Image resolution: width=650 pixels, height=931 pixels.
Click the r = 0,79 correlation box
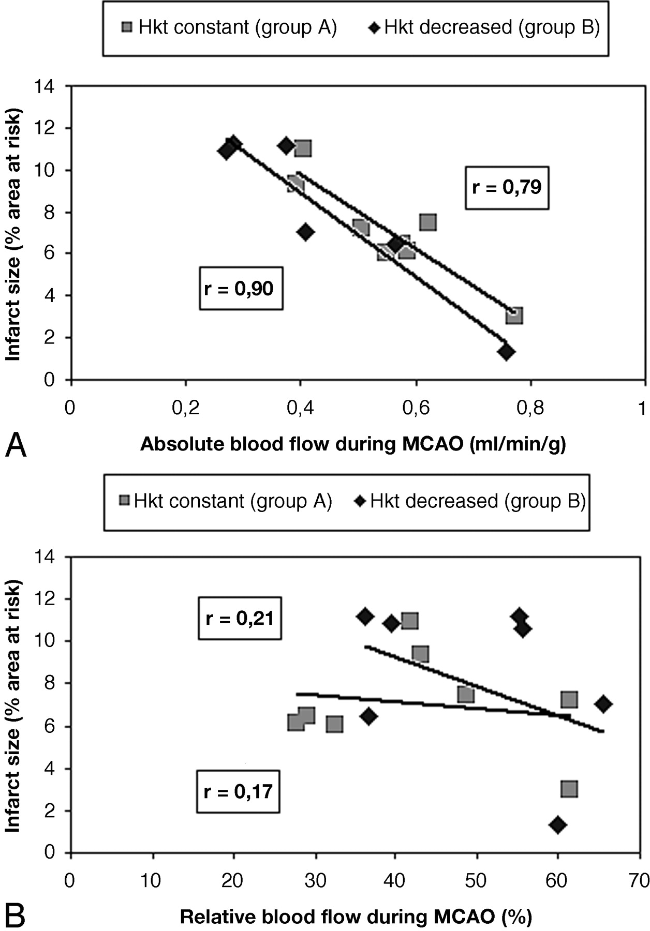507,187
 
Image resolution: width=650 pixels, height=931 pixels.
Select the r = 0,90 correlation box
241,288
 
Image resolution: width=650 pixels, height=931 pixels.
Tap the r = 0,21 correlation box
240,618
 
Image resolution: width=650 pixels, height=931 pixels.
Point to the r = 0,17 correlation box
238,791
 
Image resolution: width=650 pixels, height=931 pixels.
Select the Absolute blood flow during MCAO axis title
353,444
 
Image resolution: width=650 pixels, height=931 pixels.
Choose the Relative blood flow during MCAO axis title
356,917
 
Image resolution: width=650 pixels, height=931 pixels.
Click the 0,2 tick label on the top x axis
186,408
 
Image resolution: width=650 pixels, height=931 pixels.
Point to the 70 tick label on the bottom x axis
638,880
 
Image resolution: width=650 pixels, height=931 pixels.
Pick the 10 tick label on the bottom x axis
151,880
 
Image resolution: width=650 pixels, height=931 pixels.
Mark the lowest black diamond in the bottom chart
557,824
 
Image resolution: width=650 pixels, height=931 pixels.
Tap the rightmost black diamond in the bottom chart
603,704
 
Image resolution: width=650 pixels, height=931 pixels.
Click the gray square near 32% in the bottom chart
334,724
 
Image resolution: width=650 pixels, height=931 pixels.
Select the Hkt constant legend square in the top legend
127,26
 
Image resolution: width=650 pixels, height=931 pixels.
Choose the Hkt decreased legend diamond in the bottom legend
361,501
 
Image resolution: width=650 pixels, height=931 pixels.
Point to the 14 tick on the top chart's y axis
45,86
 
